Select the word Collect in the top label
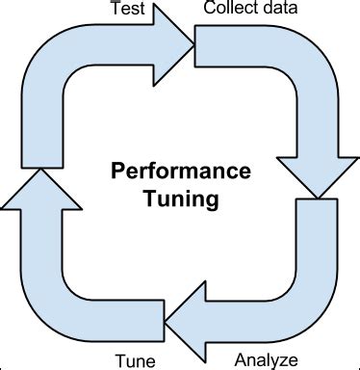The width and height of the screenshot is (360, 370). coord(228,9)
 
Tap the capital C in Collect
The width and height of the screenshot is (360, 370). coord(209,9)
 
